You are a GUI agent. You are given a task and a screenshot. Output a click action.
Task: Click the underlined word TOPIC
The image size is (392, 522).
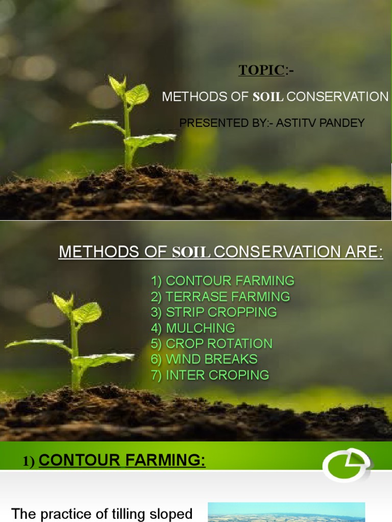click(261, 70)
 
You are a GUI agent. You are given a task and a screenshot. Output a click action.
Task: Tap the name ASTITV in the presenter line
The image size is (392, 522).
click(292, 123)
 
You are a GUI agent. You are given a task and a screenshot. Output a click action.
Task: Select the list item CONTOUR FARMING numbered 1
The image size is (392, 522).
click(223, 281)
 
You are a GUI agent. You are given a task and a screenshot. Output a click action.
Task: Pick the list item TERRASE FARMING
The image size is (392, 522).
click(220, 297)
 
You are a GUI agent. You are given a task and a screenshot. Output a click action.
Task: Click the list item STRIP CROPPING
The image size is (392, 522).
click(214, 312)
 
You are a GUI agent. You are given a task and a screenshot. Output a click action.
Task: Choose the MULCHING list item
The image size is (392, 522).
click(193, 328)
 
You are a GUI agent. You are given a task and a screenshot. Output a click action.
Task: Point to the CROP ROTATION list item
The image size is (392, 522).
click(212, 344)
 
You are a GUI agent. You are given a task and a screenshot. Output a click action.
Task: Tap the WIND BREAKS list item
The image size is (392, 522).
click(204, 359)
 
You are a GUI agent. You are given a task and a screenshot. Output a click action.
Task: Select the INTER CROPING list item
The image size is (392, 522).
click(210, 375)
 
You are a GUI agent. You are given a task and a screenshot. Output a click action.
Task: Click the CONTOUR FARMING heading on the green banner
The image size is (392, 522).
click(122, 461)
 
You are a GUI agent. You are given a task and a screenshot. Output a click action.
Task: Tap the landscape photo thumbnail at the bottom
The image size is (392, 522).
click(286, 512)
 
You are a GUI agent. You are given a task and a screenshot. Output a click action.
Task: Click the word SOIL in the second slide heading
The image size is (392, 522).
click(191, 252)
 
